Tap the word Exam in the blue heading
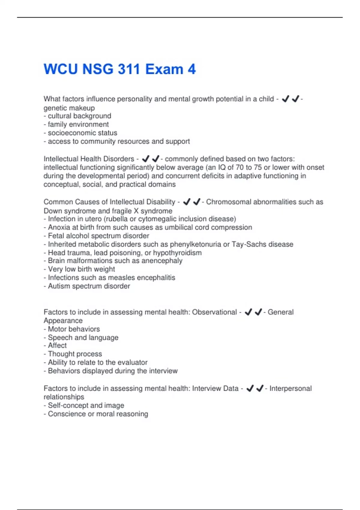pyautogui.click(x=164, y=69)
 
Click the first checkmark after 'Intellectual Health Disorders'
pyautogui.click(x=145, y=159)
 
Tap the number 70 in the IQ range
pyautogui.click(x=239, y=167)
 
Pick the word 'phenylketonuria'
pyautogui.click(x=195, y=244)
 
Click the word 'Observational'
pyautogui.click(x=214, y=312)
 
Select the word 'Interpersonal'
pyautogui.click(x=290, y=388)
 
